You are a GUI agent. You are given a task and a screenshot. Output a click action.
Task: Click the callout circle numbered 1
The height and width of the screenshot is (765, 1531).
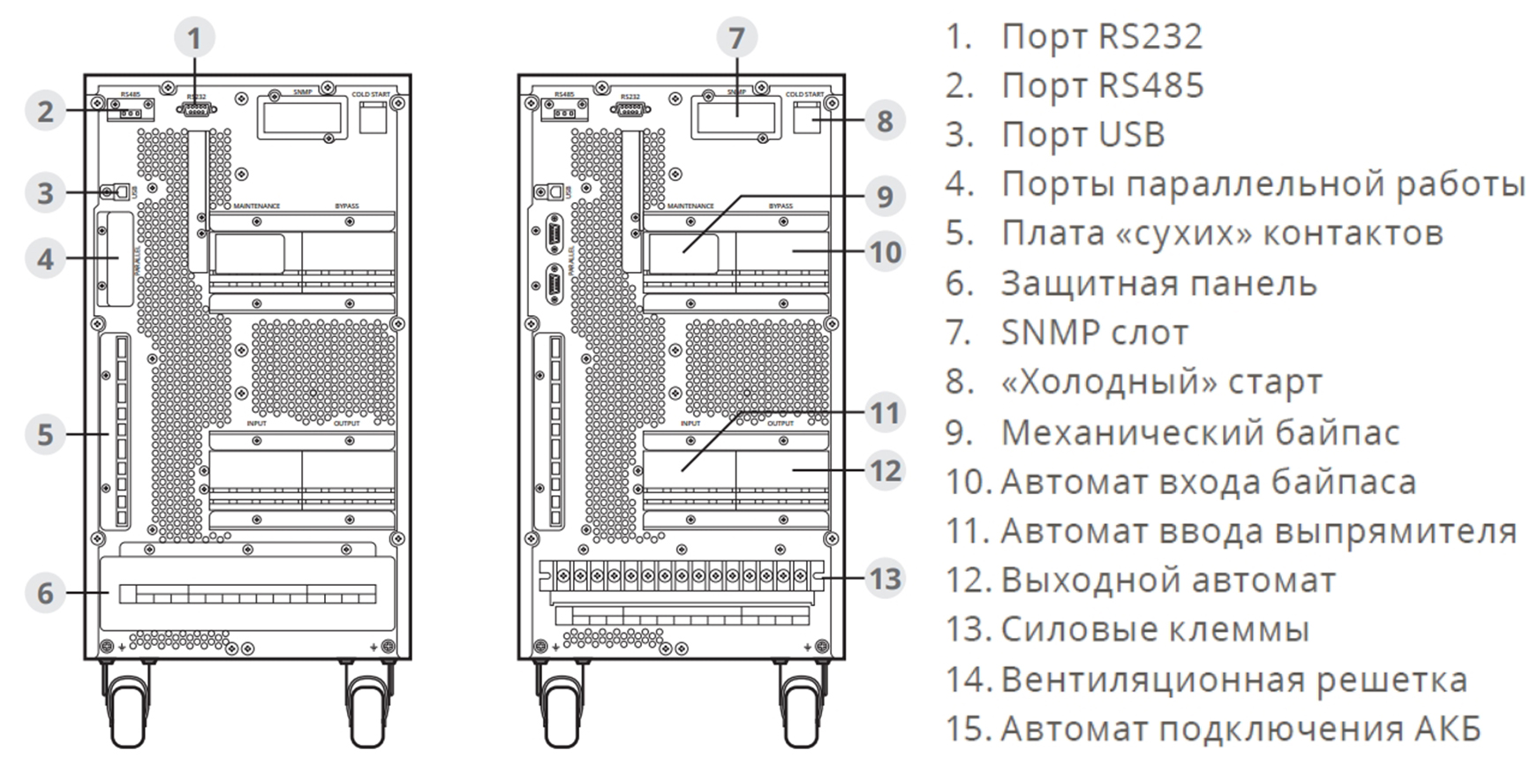195,38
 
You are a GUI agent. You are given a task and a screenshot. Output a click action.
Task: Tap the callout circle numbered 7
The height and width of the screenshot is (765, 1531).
736,38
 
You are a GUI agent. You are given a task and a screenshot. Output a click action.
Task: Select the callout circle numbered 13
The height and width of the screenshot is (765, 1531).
886,579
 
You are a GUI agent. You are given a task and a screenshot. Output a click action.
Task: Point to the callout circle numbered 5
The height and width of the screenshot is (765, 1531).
45,434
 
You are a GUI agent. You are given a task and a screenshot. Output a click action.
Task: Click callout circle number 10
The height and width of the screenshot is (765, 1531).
886,251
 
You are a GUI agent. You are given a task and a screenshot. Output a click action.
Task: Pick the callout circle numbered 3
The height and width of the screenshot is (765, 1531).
45,192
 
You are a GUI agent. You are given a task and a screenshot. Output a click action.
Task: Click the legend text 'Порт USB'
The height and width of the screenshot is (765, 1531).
1082,135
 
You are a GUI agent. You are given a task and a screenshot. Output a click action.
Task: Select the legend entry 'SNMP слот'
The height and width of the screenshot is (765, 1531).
1094,333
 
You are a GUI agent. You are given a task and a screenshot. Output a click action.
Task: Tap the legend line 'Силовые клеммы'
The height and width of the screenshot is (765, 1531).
1154,629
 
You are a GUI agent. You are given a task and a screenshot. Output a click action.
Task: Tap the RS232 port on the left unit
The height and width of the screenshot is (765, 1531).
196,109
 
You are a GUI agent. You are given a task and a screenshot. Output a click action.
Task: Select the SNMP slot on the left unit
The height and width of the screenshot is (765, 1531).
302,117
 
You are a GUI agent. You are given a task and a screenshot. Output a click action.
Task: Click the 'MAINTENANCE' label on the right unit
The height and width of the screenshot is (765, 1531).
690,206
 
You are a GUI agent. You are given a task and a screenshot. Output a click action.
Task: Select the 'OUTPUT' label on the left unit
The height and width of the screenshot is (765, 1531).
347,424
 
